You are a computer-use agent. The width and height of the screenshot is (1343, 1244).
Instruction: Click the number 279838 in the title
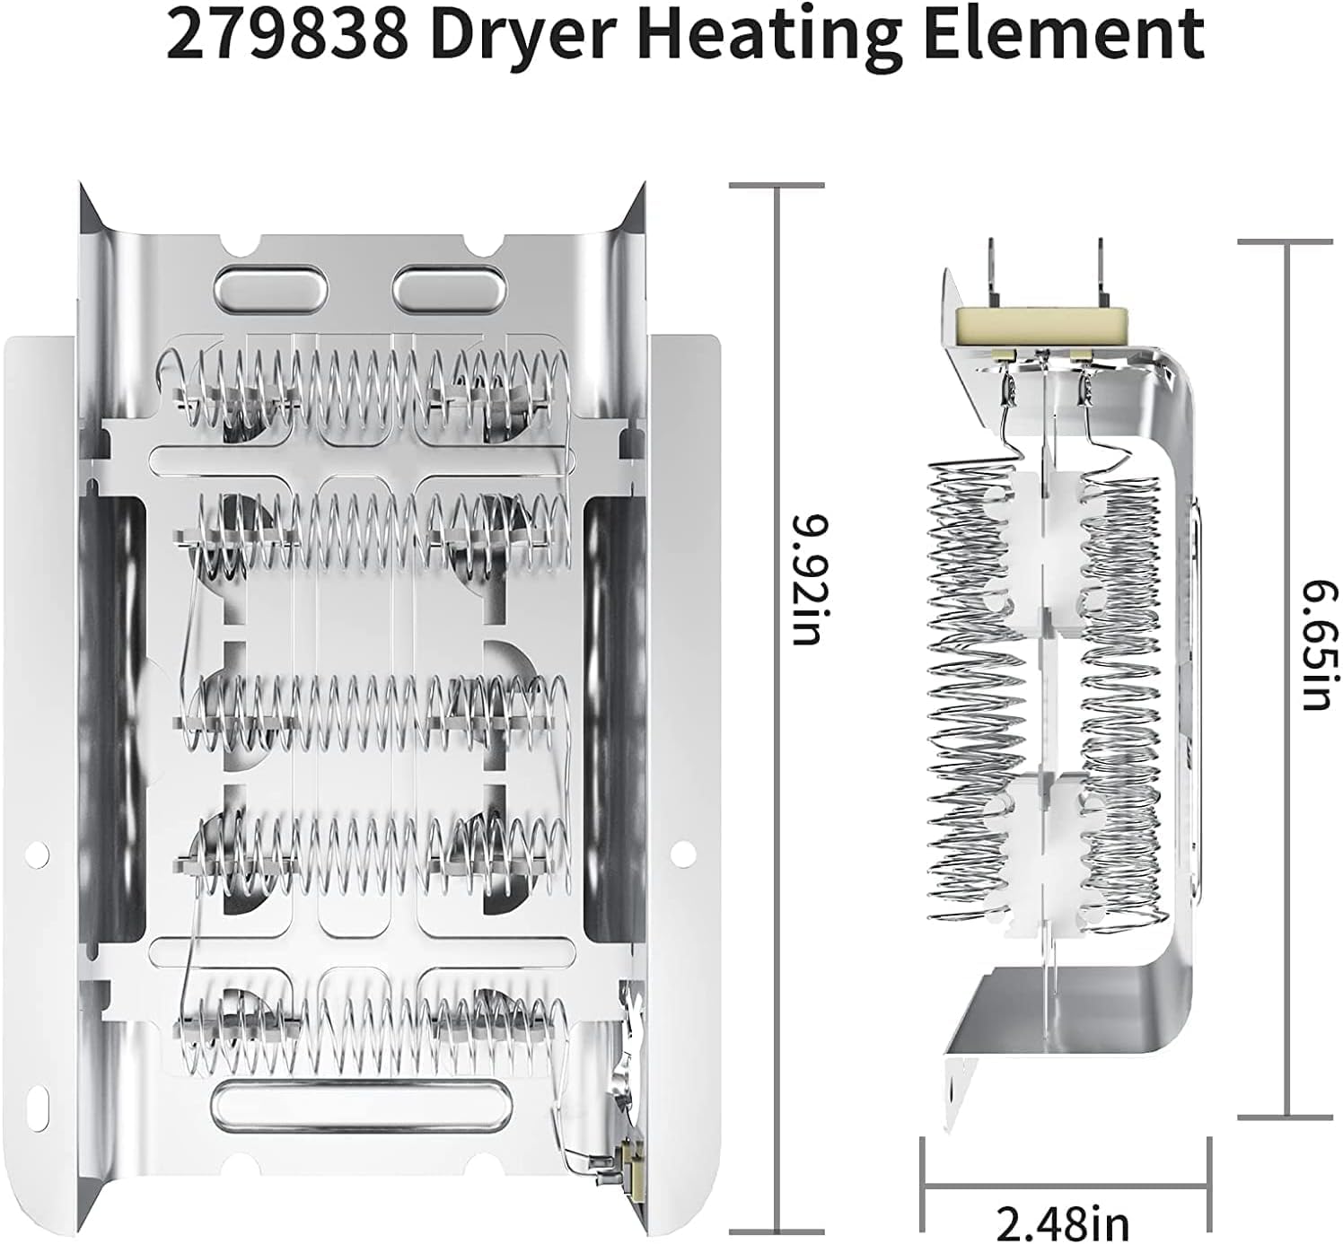[x=285, y=34]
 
